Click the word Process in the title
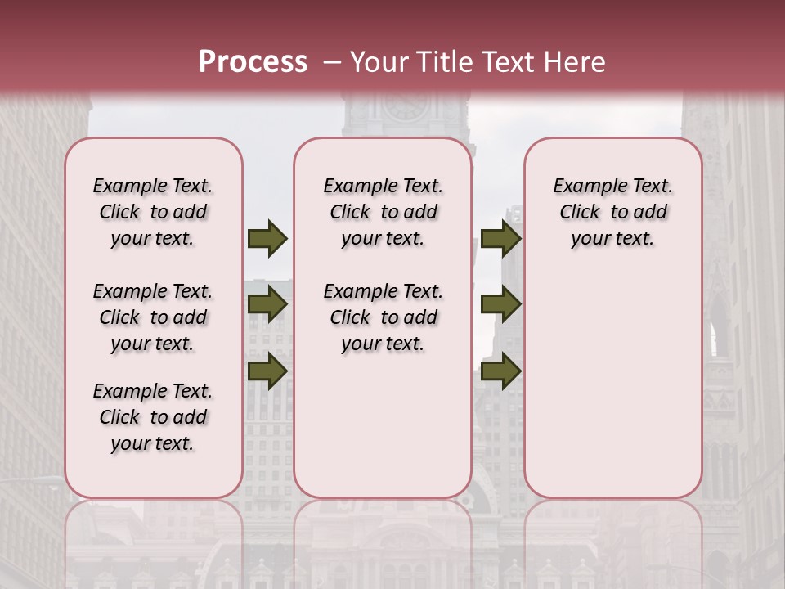tap(253, 62)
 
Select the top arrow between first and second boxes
tap(267, 238)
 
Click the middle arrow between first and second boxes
tap(267, 304)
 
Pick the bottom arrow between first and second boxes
tap(267, 371)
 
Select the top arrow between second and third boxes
tap(500, 238)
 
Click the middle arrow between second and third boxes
tap(500, 304)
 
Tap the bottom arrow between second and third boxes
tap(500, 371)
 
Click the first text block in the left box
tap(153, 212)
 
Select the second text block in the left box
tap(153, 317)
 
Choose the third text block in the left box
tap(153, 417)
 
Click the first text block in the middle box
tap(383, 212)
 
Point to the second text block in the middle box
tap(383, 317)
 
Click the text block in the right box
tap(612, 212)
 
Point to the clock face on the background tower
tap(406, 105)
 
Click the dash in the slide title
tap(331, 62)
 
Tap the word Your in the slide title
tap(379, 62)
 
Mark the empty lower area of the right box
tap(612, 376)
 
